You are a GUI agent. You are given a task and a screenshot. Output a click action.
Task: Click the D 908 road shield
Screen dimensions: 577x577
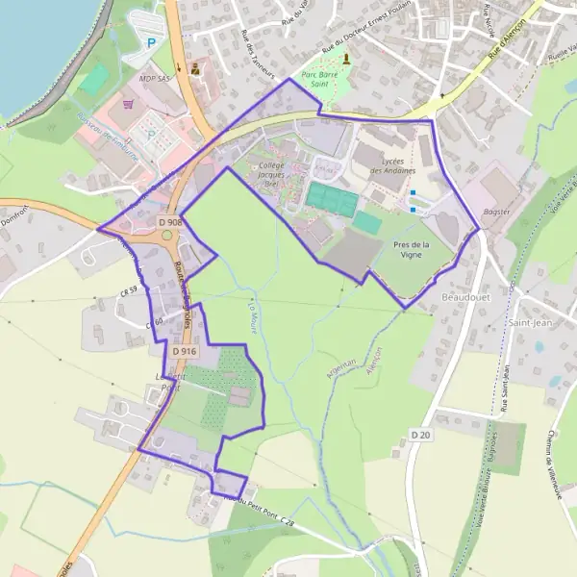pyautogui.click(x=170, y=222)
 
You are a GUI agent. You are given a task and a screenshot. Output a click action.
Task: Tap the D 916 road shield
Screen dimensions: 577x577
pyautogui.click(x=185, y=352)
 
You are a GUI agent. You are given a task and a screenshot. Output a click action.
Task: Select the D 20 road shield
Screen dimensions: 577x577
pyautogui.click(x=420, y=435)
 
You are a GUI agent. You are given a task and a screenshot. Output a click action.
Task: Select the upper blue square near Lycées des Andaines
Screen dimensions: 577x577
pyautogui.click(x=413, y=192)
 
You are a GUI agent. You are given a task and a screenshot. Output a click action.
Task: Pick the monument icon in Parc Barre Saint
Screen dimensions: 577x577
pyautogui.click(x=346, y=59)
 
